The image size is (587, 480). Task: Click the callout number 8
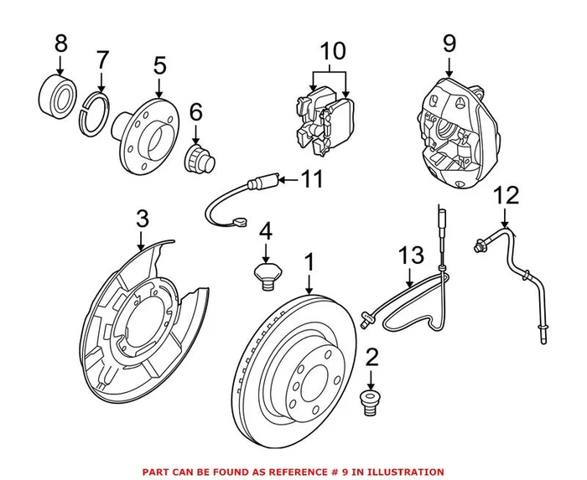pyautogui.click(x=60, y=42)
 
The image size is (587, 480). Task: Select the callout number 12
pyautogui.click(x=506, y=197)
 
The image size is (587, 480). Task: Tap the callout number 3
pyautogui.click(x=143, y=220)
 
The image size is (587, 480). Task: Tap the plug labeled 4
pyautogui.click(x=266, y=275)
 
